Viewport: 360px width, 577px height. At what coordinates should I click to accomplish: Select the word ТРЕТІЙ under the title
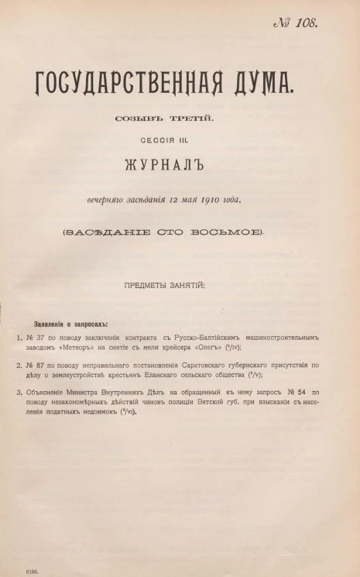[189, 118]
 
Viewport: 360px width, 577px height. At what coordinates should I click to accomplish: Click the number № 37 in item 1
[37, 338]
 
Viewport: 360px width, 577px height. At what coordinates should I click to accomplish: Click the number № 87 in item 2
[37, 363]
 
